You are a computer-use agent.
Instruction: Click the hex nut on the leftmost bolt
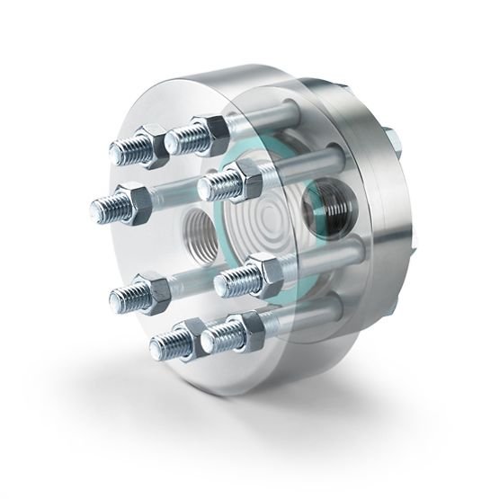coord(132,204)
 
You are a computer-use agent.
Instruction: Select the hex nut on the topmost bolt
coord(205,131)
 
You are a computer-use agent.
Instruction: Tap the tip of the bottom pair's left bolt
coord(164,343)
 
